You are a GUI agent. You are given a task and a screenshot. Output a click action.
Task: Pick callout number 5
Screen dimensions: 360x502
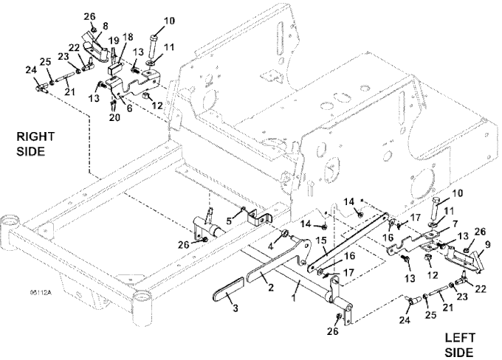coord(230,219)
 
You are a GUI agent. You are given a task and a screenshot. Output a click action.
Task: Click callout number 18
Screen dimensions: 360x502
coord(128,37)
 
